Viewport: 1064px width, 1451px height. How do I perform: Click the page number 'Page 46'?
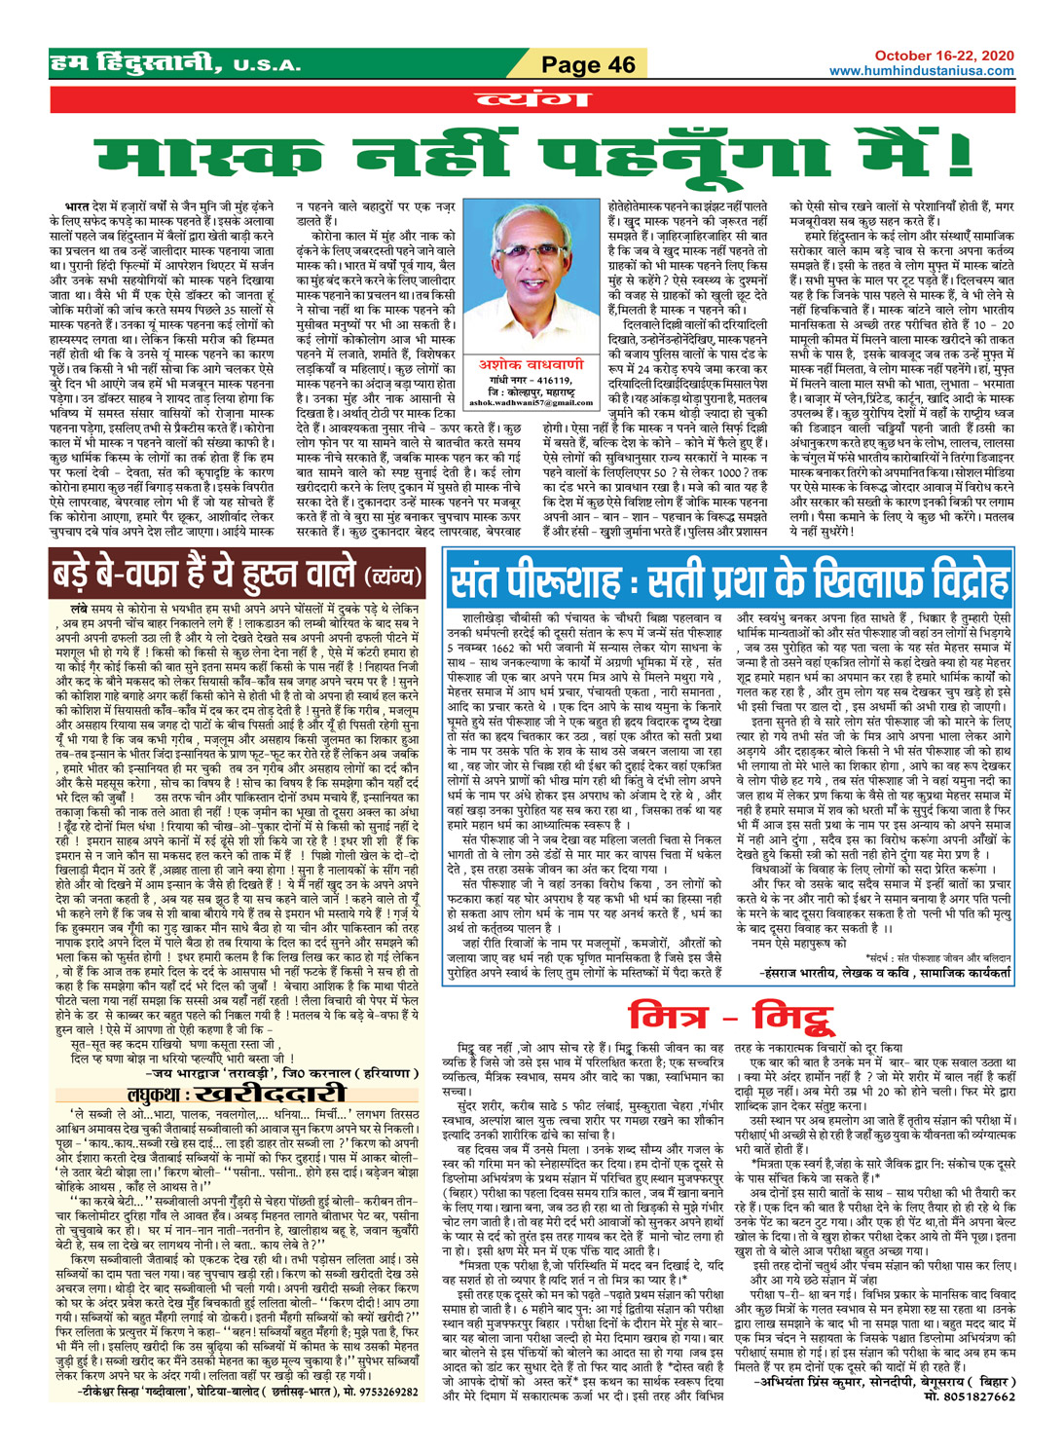point(588,65)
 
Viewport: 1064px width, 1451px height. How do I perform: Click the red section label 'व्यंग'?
point(531,99)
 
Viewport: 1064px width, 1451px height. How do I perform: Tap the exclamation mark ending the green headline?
point(959,155)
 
